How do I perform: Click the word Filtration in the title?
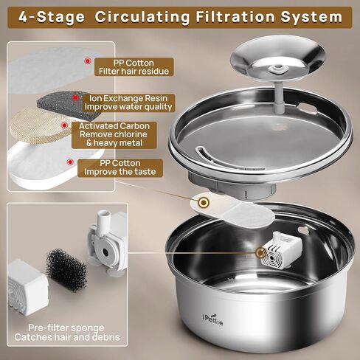tap(235, 17)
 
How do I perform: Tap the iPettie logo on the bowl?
tap(212, 319)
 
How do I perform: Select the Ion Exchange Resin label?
tap(128, 103)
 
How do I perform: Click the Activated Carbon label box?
tap(114, 134)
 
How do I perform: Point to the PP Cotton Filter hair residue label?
tap(134, 67)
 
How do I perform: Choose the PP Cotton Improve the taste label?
tap(120, 167)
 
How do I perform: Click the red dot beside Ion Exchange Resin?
tap(75, 98)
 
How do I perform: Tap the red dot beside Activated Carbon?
tap(64, 125)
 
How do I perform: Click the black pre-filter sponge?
tap(66, 270)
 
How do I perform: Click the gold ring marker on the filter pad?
tap(204, 203)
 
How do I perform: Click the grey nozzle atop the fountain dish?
tap(277, 69)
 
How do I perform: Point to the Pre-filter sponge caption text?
tap(67, 333)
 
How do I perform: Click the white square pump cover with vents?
tap(27, 287)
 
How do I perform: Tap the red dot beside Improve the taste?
tap(70, 162)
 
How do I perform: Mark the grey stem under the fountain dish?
tap(279, 97)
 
